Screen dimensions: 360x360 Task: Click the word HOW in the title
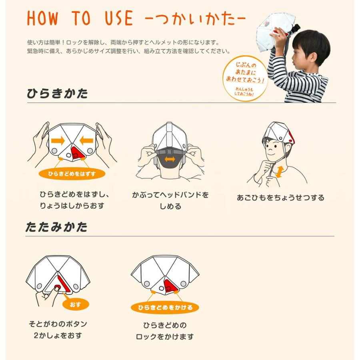[x=42, y=18]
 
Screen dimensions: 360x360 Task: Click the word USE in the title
[x=119, y=18]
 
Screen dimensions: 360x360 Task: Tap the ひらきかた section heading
[x=57, y=94]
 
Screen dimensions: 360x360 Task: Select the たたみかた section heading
[x=56, y=227]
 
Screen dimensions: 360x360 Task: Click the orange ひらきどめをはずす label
[x=72, y=174]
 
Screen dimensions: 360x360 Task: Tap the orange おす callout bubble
[x=76, y=304]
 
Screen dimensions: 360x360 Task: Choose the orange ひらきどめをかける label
[x=165, y=308]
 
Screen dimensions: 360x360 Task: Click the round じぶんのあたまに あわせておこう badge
[x=245, y=78]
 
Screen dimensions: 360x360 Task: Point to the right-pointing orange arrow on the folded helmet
[x=58, y=140]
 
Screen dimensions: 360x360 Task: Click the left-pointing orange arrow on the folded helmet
[x=86, y=140]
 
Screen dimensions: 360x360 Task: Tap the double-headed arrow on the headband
[x=170, y=159]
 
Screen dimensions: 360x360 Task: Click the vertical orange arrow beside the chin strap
[x=279, y=172]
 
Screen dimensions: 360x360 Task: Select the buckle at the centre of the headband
[x=170, y=152]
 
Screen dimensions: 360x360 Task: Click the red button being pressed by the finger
[x=57, y=287]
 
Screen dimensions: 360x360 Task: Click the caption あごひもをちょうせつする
[x=280, y=198]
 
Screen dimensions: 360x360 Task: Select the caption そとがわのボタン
[x=58, y=324]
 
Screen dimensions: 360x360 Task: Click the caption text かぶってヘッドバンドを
[x=170, y=195]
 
